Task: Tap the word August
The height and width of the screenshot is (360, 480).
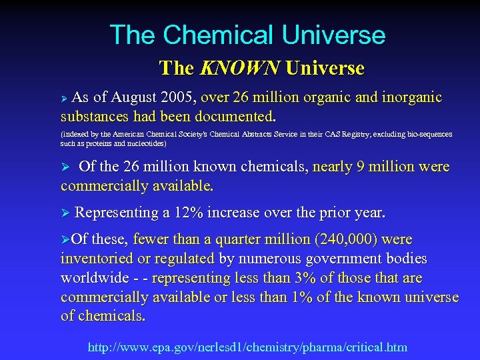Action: click(x=141, y=98)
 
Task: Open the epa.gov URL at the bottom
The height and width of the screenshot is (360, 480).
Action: click(x=247, y=347)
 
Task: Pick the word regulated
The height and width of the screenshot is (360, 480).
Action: click(x=178, y=258)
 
